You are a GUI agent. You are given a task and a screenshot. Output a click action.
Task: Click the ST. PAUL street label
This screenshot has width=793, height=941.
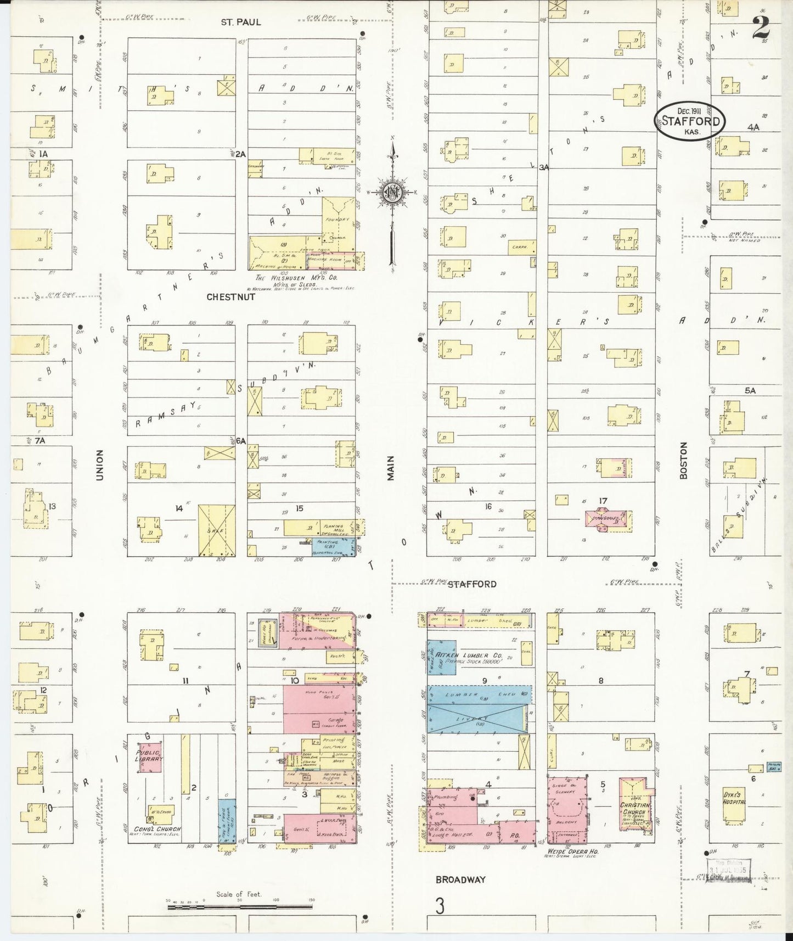pyautogui.click(x=241, y=23)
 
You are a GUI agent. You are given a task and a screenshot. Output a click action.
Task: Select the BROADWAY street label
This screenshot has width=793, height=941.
pyautogui.click(x=460, y=880)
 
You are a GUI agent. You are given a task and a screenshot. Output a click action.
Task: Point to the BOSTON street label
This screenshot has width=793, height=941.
pyautogui.click(x=683, y=461)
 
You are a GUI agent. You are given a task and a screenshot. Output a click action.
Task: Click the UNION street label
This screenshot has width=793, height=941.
pyautogui.click(x=99, y=465)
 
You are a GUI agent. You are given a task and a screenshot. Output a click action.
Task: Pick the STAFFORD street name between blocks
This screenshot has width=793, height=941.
pyautogui.click(x=472, y=584)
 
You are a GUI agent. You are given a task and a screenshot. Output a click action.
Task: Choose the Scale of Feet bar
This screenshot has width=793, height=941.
pyautogui.click(x=239, y=908)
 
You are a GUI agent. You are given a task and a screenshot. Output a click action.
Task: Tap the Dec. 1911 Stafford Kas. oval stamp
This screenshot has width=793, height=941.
pyautogui.click(x=690, y=121)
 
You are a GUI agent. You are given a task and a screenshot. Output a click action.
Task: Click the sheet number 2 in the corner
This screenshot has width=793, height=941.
pyautogui.click(x=761, y=27)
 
